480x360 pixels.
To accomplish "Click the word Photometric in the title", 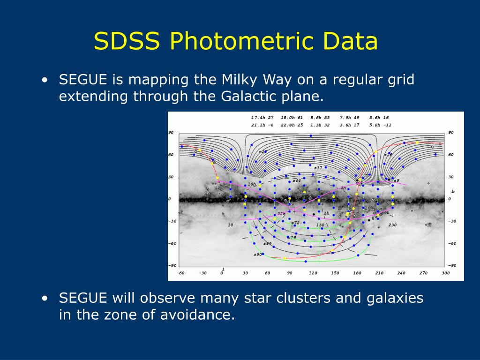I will click(x=242, y=42).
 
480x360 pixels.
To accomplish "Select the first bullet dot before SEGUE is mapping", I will click(x=44, y=80).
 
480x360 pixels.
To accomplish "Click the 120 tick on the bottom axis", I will click(x=313, y=273).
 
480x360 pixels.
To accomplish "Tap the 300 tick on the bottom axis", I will click(x=445, y=273).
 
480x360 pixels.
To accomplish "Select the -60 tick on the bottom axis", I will click(x=180, y=273).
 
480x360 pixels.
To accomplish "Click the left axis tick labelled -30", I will click(x=172, y=221).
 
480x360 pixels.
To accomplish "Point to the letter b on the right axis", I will click(x=453, y=191).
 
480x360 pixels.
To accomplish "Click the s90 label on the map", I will click(x=257, y=255).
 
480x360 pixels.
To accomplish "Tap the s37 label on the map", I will click(x=318, y=168).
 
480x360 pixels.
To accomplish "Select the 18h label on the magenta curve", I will click(x=252, y=184).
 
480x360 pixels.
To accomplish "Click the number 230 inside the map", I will click(x=392, y=225).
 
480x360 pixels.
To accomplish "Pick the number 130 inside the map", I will click(x=320, y=225).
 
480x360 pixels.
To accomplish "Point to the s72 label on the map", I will click(x=295, y=223).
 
